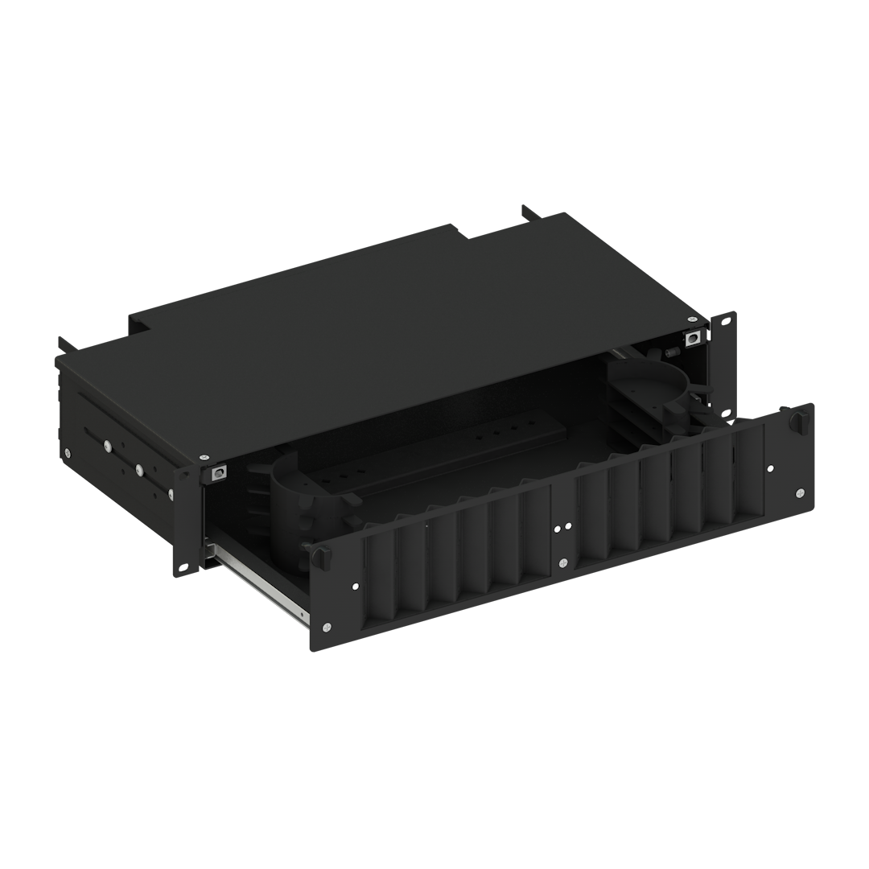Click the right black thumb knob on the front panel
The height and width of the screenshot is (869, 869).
click(798, 420)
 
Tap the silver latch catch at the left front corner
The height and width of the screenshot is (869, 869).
click(216, 474)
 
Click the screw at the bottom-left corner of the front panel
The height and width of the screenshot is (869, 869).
click(327, 627)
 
